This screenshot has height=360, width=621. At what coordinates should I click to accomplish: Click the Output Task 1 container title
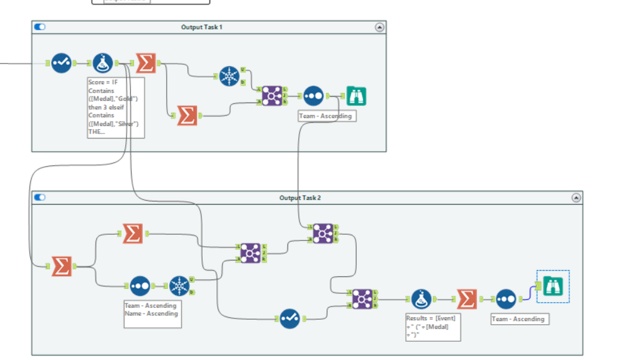tap(201, 27)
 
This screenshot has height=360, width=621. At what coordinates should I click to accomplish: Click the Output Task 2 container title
tap(300, 198)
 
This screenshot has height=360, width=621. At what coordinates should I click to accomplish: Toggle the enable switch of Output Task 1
tap(40, 27)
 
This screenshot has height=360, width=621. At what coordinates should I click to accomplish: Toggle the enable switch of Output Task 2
tap(40, 198)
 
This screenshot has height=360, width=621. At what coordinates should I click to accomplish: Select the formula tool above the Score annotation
tap(103, 63)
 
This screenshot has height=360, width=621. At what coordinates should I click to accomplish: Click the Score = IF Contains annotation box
tap(116, 108)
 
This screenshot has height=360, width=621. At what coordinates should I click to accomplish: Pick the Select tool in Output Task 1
tap(61, 63)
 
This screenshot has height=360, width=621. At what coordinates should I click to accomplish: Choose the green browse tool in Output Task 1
tap(356, 96)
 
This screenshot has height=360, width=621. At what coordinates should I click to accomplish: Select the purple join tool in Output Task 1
tap(271, 96)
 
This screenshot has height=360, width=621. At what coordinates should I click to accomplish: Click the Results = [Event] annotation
tap(432, 327)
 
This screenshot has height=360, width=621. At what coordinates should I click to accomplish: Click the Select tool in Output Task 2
tap(289, 318)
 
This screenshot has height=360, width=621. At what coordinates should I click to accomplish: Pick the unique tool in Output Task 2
tap(179, 286)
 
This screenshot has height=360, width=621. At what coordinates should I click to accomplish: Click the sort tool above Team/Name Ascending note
tap(140, 286)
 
